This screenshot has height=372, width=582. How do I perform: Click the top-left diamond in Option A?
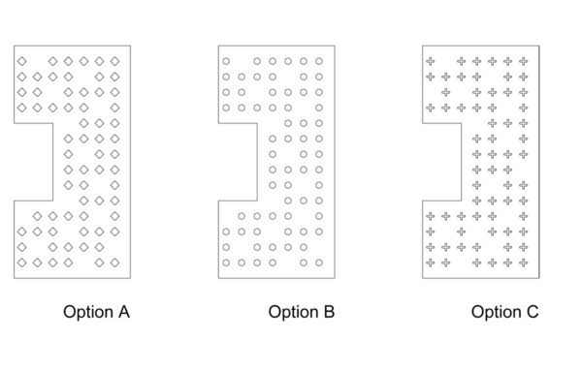22,61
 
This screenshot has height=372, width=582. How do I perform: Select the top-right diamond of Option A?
115,61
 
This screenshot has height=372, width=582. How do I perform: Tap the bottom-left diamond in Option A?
22,263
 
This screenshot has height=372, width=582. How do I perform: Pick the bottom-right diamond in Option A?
115,263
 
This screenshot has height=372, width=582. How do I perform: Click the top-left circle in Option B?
226,61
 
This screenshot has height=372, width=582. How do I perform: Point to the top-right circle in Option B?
319,61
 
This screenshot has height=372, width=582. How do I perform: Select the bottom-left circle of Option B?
226,263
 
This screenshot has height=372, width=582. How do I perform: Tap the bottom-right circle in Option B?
319,263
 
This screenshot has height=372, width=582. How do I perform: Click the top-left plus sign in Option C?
431,61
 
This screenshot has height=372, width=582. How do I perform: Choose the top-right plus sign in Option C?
524,61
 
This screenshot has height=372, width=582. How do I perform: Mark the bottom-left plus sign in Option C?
431,263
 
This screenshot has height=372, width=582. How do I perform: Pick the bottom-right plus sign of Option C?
524,263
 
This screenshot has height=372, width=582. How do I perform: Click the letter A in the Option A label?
124,312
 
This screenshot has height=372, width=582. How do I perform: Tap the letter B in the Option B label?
330,312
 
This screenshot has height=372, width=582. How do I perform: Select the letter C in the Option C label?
533,312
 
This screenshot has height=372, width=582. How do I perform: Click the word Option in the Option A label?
88,313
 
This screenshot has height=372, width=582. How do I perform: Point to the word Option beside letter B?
294,313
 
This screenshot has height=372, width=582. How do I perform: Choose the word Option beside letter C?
497,313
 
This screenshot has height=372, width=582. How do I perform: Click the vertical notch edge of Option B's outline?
257,162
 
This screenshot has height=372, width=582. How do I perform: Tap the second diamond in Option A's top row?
53,61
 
